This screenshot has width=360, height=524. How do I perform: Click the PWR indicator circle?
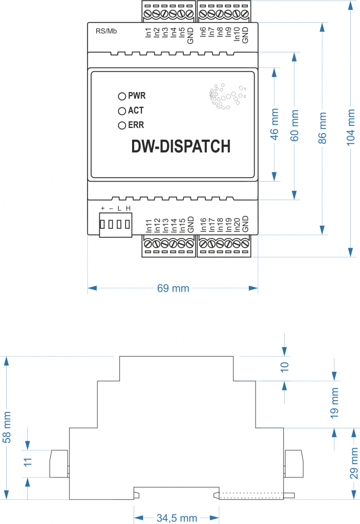[x=122, y=96]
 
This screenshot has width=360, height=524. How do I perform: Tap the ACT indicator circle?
[x=122, y=111]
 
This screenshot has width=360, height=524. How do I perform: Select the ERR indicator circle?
[x=122, y=125]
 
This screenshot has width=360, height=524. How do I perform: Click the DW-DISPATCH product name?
[x=181, y=146]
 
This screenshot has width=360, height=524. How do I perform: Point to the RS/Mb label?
[x=106, y=31]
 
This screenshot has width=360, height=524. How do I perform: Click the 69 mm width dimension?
[x=173, y=289]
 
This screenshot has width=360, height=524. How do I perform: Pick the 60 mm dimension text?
[x=295, y=124]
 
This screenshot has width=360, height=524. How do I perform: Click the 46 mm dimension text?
[x=274, y=124]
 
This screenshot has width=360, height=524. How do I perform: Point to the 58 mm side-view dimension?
[x=7, y=427]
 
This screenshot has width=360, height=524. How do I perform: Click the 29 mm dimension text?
[x=354, y=464]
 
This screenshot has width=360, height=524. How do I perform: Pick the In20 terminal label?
[x=237, y=225]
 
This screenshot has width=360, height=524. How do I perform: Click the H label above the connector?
[x=128, y=208]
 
